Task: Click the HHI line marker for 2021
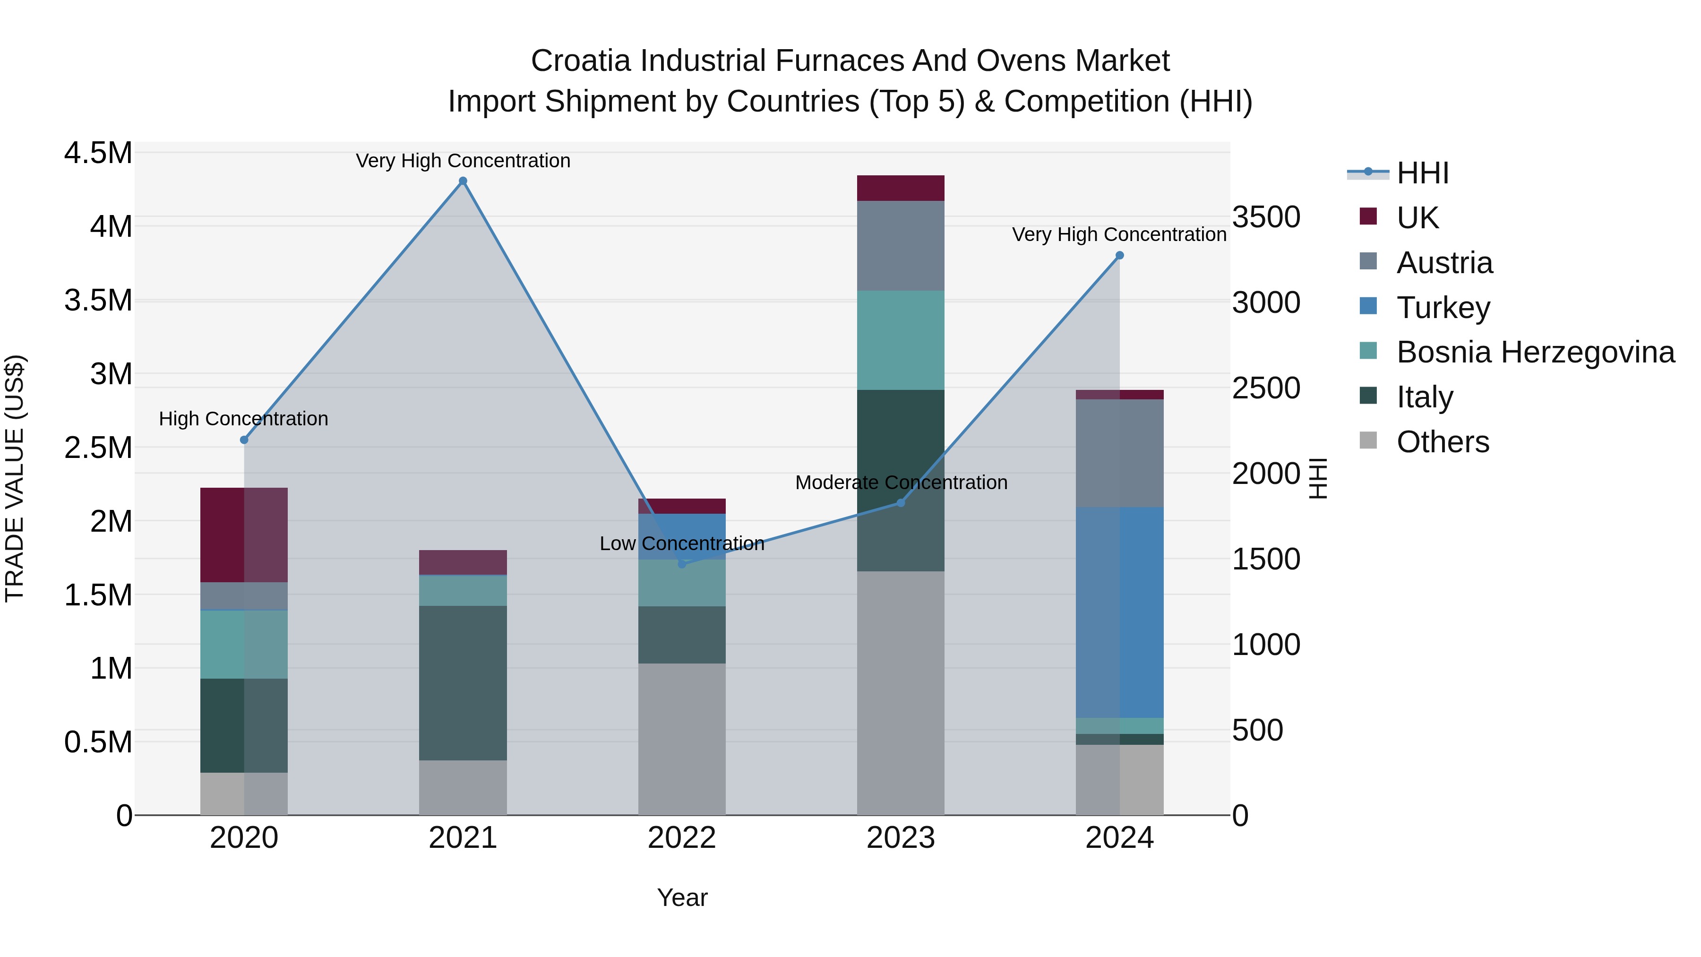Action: pyautogui.click(x=463, y=181)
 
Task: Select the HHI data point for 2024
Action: pyautogui.click(x=1119, y=256)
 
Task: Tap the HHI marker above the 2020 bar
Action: pyautogui.click(x=244, y=440)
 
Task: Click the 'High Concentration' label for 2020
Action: pyautogui.click(x=244, y=419)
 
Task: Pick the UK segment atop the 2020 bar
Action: pyautogui.click(x=244, y=535)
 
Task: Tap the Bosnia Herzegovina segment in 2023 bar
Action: pyautogui.click(x=900, y=340)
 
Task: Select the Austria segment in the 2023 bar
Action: pyautogui.click(x=900, y=246)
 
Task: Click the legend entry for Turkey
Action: pyautogui.click(x=1443, y=308)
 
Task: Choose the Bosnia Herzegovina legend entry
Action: pyautogui.click(x=1535, y=353)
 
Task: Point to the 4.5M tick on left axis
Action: pyautogui.click(x=98, y=153)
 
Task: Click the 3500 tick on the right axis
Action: pyautogui.click(x=1266, y=217)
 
